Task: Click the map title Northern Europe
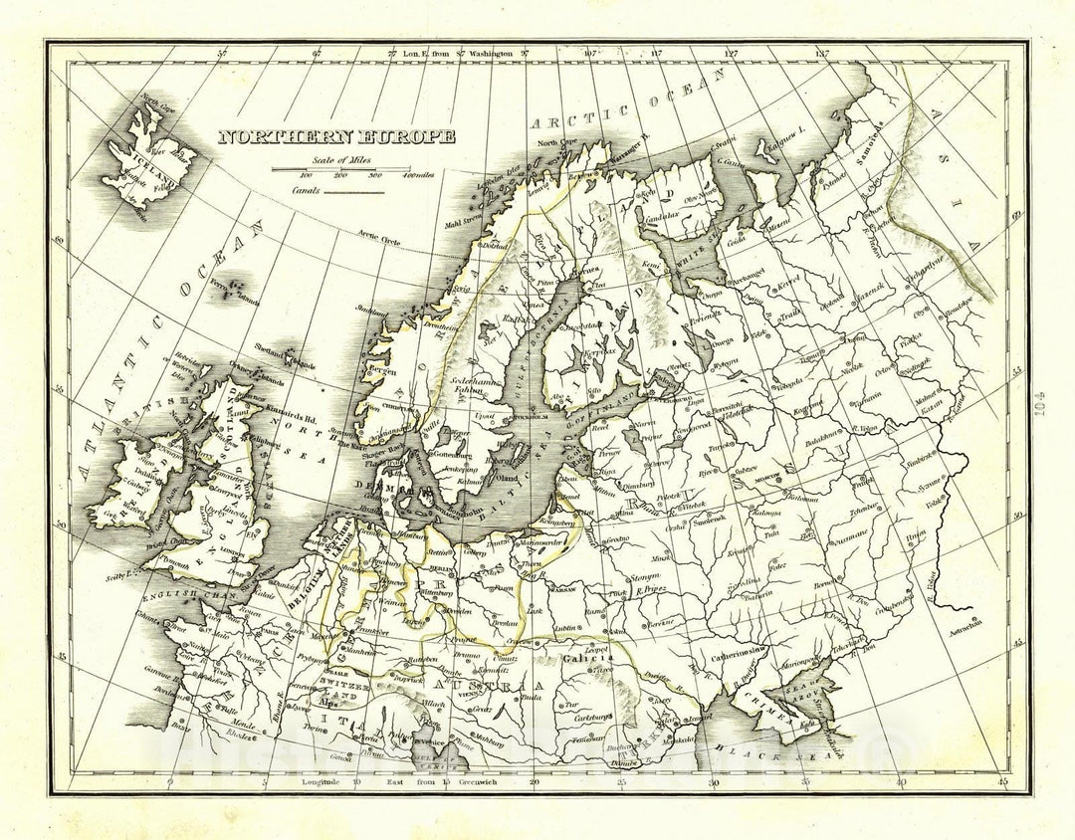(337, 137)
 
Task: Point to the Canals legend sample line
(353, 190)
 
